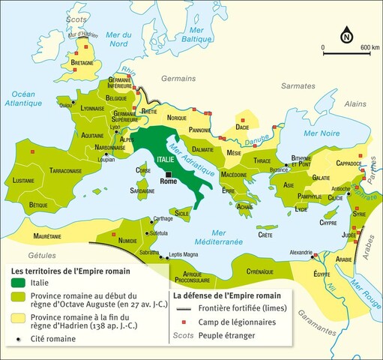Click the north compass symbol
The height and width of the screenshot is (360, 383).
347,34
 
